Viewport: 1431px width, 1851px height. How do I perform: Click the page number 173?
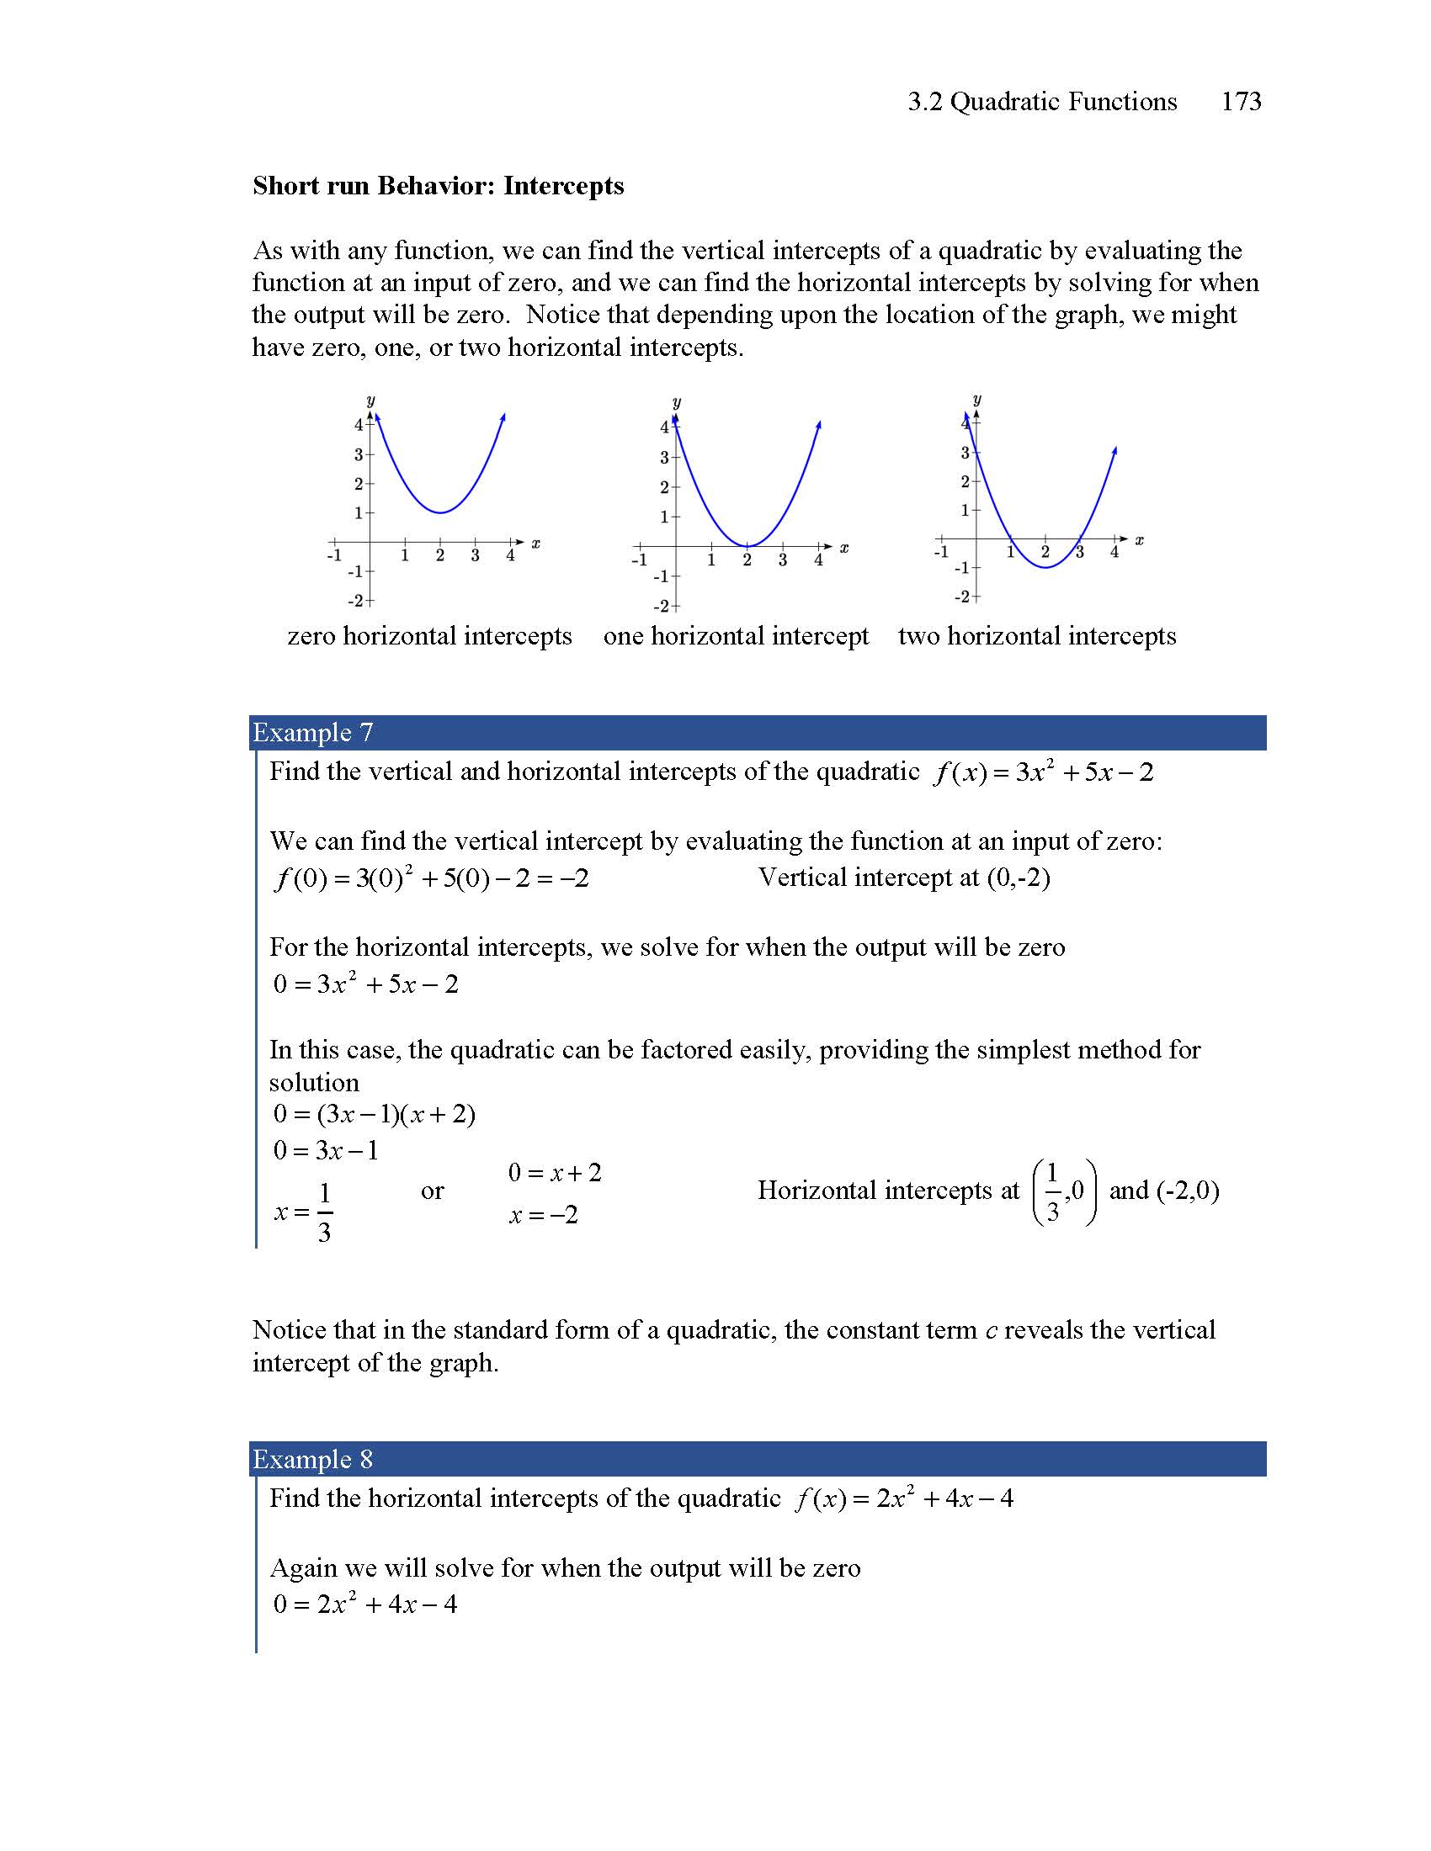1240,102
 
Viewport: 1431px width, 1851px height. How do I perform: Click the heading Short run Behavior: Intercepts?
438,186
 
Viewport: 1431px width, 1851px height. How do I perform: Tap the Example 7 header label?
313,732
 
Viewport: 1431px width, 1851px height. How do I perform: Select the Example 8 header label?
313,1459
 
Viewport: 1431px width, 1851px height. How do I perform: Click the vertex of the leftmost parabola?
440,512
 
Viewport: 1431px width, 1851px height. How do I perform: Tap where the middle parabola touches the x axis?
747,547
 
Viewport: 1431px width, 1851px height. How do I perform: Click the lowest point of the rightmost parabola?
1046,567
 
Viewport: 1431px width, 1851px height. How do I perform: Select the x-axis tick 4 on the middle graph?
818,560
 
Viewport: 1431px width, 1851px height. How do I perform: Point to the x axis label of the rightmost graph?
1140,540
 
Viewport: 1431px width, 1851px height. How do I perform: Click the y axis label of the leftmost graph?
370,400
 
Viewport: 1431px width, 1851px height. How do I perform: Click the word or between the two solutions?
432,1191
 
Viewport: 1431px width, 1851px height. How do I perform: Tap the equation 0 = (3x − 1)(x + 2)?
374,1114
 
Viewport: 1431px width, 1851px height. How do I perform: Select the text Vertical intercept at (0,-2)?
904,878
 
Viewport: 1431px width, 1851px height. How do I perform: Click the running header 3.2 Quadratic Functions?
1042,102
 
